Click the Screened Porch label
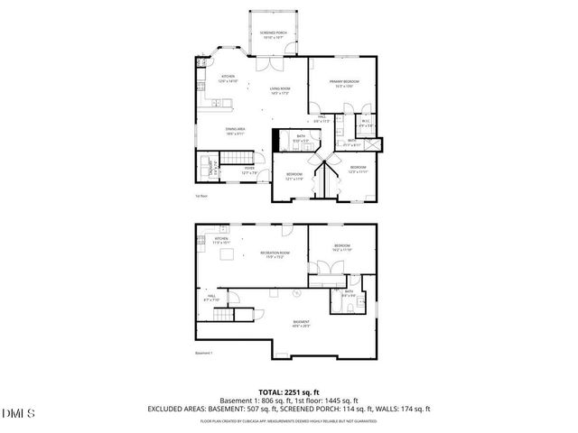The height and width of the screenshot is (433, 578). [x=275, y=35]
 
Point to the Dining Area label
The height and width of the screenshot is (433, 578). [x=237, y=131]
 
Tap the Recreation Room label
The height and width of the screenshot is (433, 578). [x=274, y=255]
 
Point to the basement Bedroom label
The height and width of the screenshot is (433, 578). [x=342, y=247]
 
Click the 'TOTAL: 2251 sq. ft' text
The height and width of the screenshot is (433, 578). [x=289, y=392]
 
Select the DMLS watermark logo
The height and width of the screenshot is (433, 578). [x=17, y=413]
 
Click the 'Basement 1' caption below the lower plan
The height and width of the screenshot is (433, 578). [x=204, y=353]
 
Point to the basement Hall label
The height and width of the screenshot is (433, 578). [x=212, y=298]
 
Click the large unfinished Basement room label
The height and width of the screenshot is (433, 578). [x=301, y=323]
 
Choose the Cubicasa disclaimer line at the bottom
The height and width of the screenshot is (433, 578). [x=289, y=420]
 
